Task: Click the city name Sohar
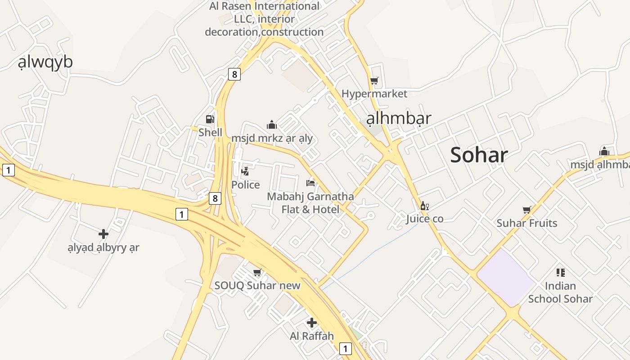pyautogui.click(x=479, y=155)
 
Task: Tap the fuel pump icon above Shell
pyautogui.click(x=210, y=119)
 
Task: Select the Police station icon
pyautogui.click(x=245, y=171)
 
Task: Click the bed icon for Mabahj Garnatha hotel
pyautogui.click(x=310, y=183)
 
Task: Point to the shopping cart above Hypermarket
pyautogui.click(x=374, y=81)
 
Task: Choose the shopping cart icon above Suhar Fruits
pyautogui.click(x=526, y=210)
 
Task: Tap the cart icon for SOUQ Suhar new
pyautogui.click(x=257, y=273)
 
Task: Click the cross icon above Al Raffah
pyautogui.click(x=312, y=323)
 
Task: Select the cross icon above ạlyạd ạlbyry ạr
pyautogui.click(x=103, y=234)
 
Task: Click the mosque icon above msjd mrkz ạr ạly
pyautogui.click(x=272, y=125)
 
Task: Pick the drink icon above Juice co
pyautogui.click(x=424, y=206)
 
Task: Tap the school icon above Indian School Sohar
pyautogui.click(x=560, y=272)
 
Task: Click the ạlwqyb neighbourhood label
pyautogui.click(x=45, y=63)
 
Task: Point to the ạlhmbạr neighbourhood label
pyautogui.click(x=399, y=118)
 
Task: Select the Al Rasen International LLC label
pyautogui.click(x=264, y=19)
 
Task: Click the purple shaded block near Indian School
pyautogui.click(x=505, y=278)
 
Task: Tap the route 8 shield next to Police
pyautogui.click(x=216, y=198)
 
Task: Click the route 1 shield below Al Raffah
pyautogui.click(x=345, y=348)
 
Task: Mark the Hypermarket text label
pyautogui.click(x=374, y=94)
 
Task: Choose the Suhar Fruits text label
pyautogui.click(x=526, y=223)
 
